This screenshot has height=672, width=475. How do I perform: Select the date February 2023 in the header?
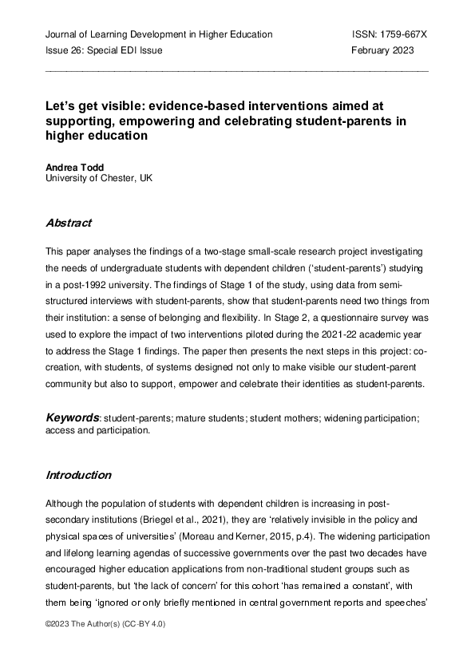pos(383,50)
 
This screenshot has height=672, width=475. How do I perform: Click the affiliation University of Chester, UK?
pos(97,178)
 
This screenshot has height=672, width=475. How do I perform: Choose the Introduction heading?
pos(78,475)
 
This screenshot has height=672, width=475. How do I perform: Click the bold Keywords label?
pos(71,417)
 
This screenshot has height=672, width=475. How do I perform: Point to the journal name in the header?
pos(159,34)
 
